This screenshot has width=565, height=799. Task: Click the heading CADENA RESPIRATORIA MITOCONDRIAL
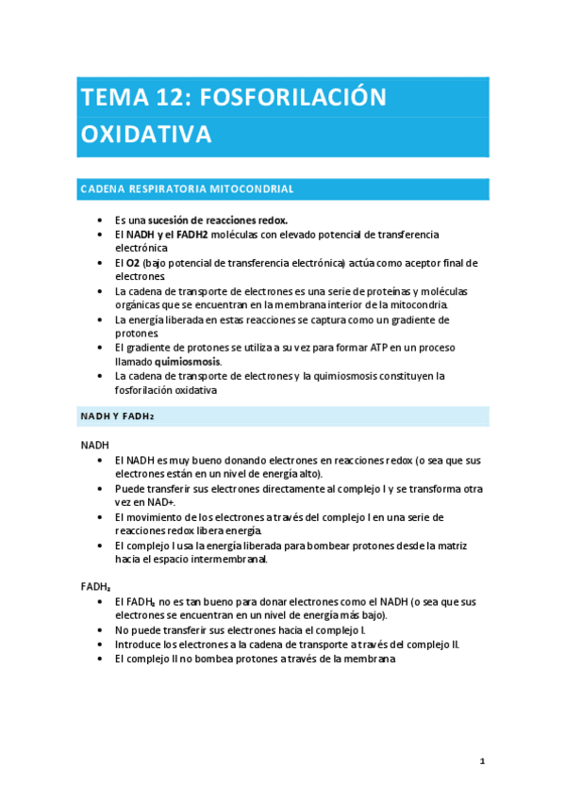(x=187, y=189)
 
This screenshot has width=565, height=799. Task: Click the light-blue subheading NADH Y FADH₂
(x=118, y=416)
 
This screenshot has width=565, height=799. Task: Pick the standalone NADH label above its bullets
(x=95, y=445)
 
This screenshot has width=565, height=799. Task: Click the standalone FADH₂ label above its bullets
(x=96, y=586)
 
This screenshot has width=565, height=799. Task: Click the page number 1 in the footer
(x=482, y=760)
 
